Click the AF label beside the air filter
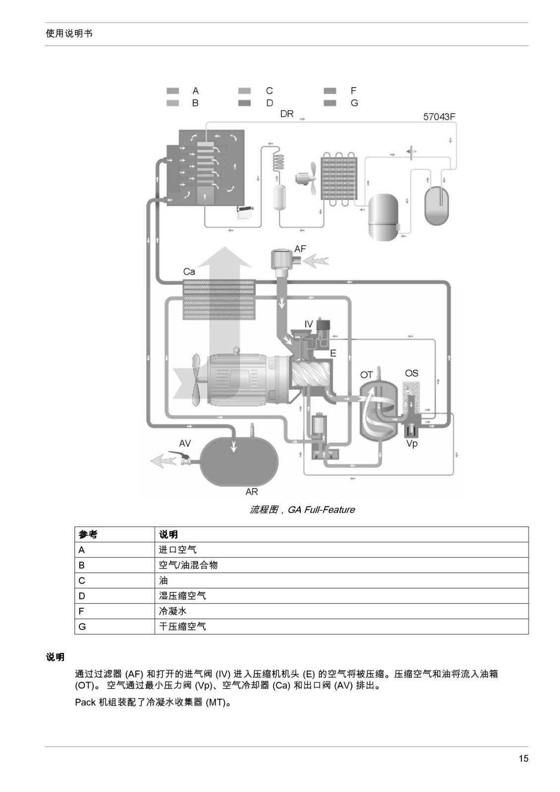pos(300,249)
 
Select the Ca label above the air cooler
pos(189,272)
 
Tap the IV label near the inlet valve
pos(309,324)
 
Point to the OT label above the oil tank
pos(366,375)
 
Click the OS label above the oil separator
pos(411,373)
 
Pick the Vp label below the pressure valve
pos(412,444)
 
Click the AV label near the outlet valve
pos(185,444)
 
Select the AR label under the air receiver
pos(252,492)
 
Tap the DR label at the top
pos(287,114)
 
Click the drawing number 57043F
pos(439,117)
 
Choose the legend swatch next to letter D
pos(244,103)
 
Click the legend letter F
pos(353,91)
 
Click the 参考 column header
pos(88,534)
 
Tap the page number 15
pos(523,758)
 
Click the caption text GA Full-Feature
pos(321,509)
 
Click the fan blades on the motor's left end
pos(196,381)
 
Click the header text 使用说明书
pos(69,33)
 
